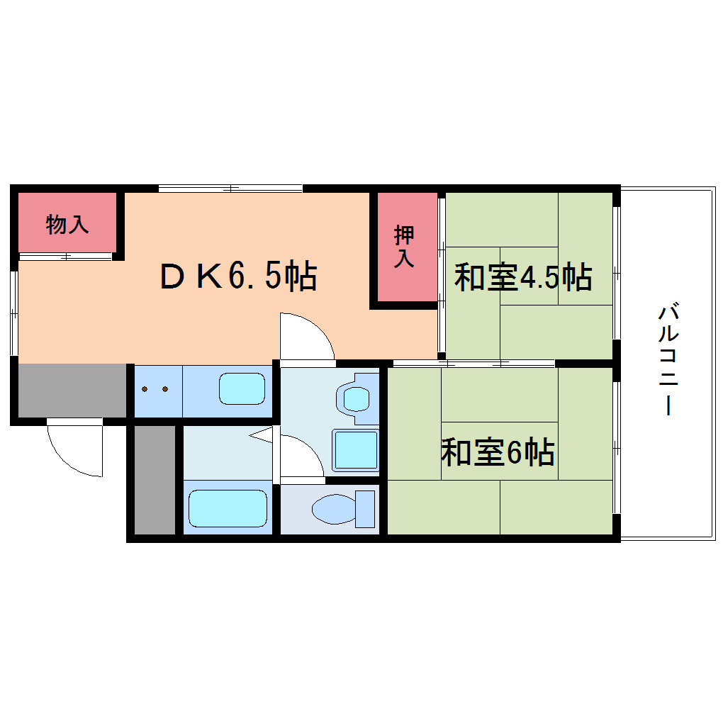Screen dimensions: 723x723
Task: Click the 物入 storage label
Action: pyautogui.click(x=67, y=225)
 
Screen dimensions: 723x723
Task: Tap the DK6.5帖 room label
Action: pyautogui.click(x=238, y=276)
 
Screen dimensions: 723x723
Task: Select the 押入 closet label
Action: pyautogui.click(x=404, y=246)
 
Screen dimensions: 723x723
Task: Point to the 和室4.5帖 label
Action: pyautogui.click(x=523, y=276)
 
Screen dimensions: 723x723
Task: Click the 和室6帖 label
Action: pyautogui.click(x=498, y=452)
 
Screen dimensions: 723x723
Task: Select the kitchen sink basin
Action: pyautogui.click(x=242, y=388)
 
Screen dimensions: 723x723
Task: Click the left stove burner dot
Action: pyautogui.click(x=145, y=389)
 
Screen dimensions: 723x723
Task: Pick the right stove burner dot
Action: pyautogui.click(x=165, y=389)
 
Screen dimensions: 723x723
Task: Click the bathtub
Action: pyautogui.click(x=228, y=508)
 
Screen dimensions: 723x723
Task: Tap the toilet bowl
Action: pyautogui.click(x=334, y=510)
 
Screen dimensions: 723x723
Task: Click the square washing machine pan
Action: pyautogui.click(x=356, y=451)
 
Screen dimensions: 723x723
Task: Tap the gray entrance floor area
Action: pyautogui.click(x=72, y=391)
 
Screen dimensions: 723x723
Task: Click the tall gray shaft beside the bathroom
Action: pyautogui.click(x=155, y=480)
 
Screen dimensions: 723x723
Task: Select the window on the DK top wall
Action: pyautogui.click(x=230, y=188)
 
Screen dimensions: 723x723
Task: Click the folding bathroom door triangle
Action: pyautogui.click(x=262, y=435)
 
